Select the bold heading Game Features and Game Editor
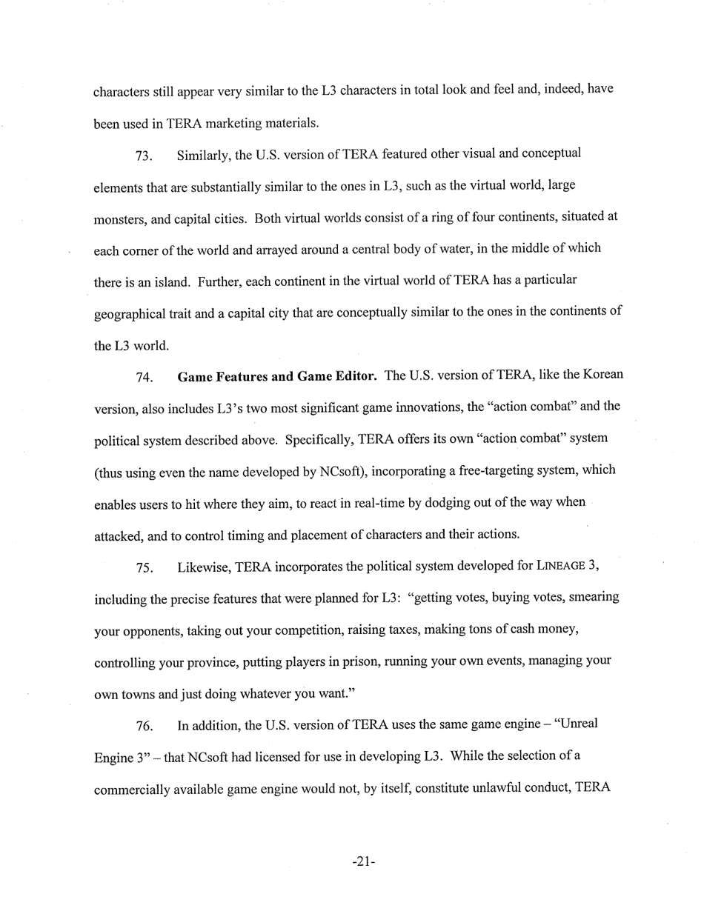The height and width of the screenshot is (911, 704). [277, 376]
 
